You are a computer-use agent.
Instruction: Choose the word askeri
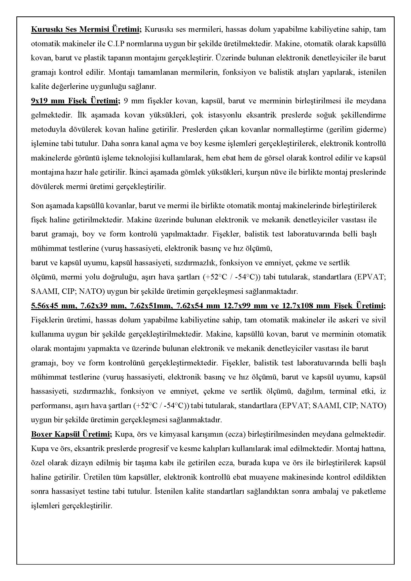point(343,320)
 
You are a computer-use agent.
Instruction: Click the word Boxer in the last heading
point(41,434)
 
